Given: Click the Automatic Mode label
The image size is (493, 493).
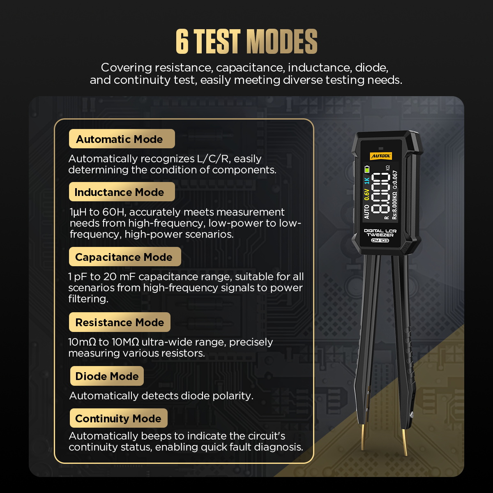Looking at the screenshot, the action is (122, 139).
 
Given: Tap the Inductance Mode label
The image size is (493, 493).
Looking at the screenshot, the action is (122, 191).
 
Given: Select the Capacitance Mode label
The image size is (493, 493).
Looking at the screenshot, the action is (125, 257).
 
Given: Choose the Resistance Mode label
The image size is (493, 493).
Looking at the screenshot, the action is (120, 322).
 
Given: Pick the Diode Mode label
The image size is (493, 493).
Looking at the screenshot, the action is (107, 376).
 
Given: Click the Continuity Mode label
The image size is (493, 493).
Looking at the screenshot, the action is (118, 418).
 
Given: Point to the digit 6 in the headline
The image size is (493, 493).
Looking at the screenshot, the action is (182, 41).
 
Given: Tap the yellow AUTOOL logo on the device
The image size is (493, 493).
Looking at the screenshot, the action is (381, 156).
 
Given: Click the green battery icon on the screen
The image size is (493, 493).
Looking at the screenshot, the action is (367, 169).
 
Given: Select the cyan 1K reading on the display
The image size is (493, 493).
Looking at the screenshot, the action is (367, 181).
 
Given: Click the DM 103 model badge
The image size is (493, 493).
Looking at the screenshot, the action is (380, 240).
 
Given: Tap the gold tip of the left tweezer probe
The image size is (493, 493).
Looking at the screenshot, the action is (362, 438).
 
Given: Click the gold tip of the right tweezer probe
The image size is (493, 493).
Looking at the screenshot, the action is (405, 442).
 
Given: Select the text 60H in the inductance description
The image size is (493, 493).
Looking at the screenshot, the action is (113, 212).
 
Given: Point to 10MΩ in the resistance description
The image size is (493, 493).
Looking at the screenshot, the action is (125, 342).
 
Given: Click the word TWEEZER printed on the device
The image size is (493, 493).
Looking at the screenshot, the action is (380, 235).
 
